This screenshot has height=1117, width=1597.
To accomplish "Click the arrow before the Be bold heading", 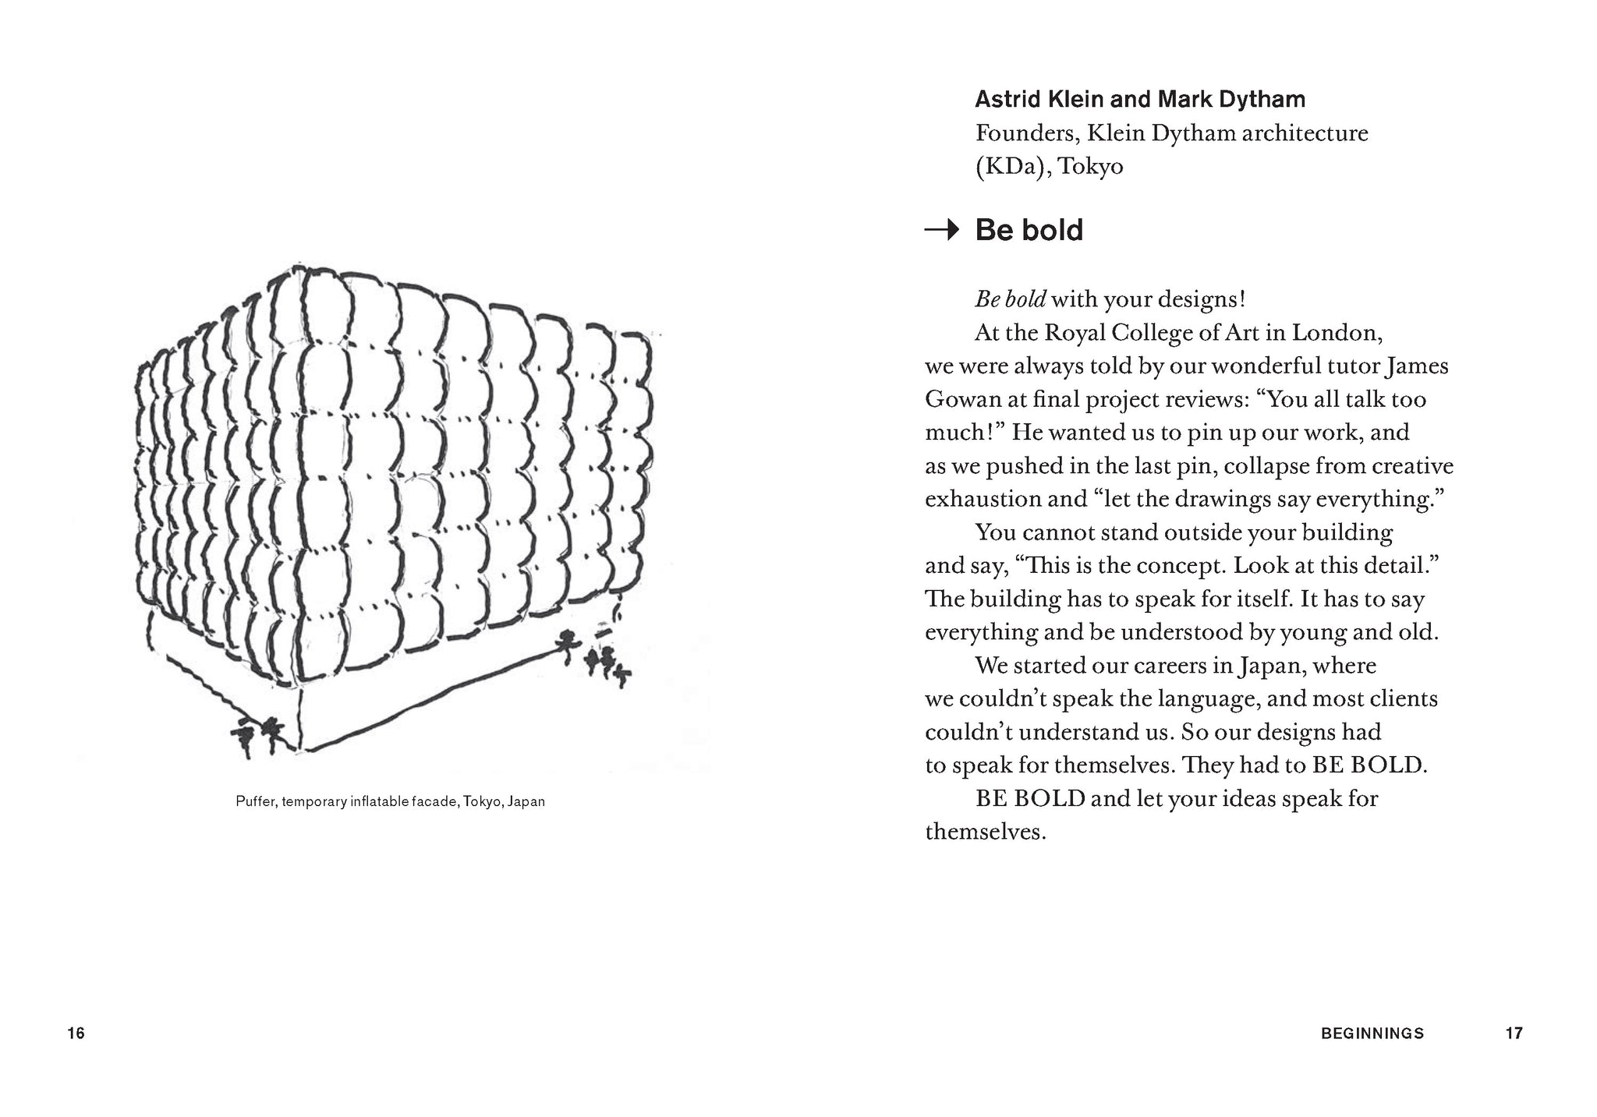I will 941,230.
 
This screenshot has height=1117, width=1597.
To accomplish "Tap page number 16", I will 76,1034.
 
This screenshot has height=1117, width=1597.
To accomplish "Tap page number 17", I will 1514,1034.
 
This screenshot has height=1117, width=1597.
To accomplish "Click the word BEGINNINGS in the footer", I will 1372,1034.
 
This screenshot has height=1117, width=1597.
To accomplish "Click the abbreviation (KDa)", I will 1010,167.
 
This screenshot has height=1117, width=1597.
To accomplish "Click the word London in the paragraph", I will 1337,334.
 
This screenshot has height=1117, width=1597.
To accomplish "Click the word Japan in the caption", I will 526,801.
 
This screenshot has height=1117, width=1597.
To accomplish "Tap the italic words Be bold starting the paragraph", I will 1011,299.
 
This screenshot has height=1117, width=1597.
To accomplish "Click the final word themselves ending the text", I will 985,832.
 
